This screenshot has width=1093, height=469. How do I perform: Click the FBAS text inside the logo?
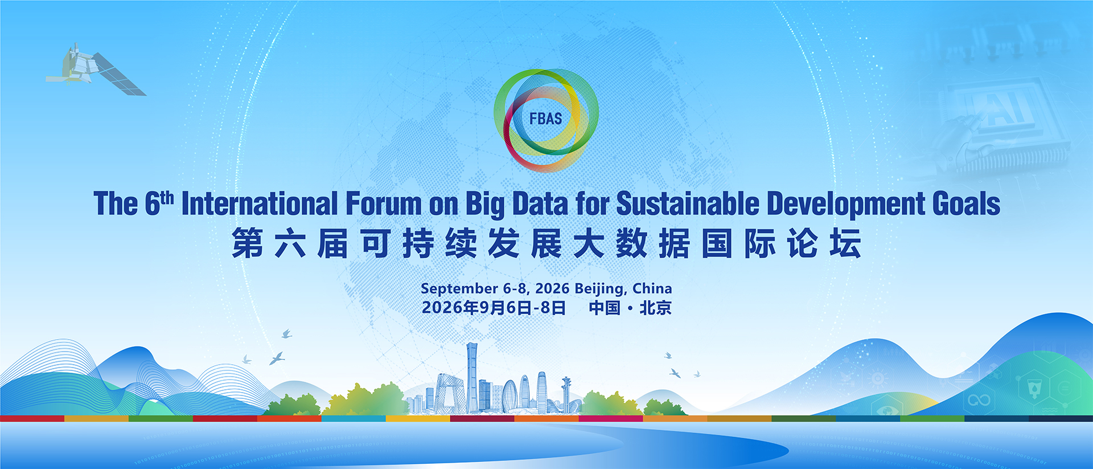[x=545, y=119]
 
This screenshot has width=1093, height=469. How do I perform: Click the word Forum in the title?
[x=383, y=203]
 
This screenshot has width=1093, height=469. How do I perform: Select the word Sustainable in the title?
[x=688, y=203]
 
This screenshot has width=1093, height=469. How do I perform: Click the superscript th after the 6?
[x=167, y=198]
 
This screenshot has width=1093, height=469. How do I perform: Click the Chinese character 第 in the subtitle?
[x=248, y=243]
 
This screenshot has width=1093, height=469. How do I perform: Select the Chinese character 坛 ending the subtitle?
[x=845, y=243]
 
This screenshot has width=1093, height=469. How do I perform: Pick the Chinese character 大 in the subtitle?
[x=589, y=243]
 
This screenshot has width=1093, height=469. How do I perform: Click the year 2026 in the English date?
[x=552, y=288]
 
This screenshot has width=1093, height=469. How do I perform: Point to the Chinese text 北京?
[x=656, y=308]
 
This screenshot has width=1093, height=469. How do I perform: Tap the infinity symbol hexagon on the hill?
[x=979, y=400]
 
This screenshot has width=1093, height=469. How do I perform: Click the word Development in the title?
[x=846, y=204]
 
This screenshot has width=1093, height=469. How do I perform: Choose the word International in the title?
[x=260, y=203]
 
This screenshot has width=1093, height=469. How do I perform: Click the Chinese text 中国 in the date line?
[x=605, y=308]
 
